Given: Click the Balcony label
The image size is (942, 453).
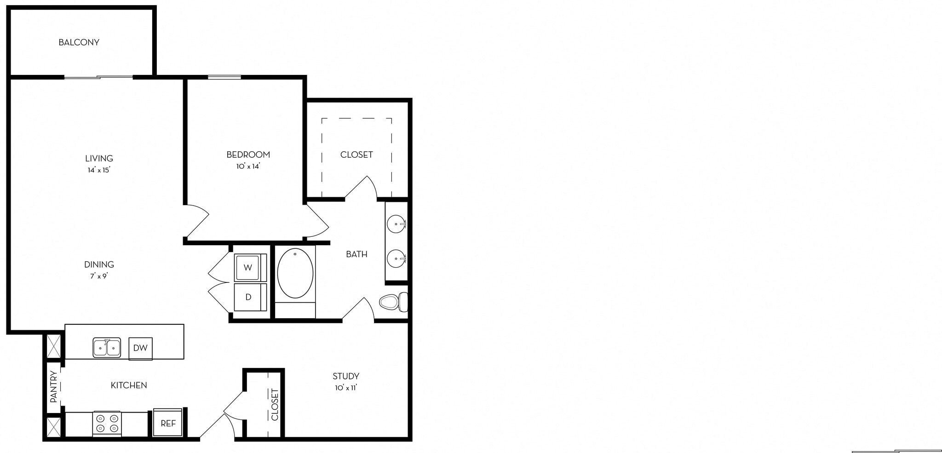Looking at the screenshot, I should (x=79, y=42).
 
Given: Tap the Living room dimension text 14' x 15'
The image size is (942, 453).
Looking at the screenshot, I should (x=99, y=170).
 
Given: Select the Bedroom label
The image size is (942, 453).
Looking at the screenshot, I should (x=248, y=155).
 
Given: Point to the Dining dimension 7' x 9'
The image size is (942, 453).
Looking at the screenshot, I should (x=99, y=276).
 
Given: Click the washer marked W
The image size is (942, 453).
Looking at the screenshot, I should (x=248, y=268).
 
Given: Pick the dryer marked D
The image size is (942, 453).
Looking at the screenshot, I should (x=248, y=297).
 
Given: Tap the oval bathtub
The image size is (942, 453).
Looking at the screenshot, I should (x=295, y=273).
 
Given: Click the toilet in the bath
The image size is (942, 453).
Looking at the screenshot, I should (x=392, y=302).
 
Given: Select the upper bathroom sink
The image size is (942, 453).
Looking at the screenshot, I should (x=396, y=225).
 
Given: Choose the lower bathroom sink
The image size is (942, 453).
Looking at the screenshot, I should (x=396, y=258).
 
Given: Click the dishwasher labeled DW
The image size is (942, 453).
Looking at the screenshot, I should (x=140, y=348).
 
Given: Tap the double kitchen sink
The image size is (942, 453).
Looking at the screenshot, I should (x=107, y=348).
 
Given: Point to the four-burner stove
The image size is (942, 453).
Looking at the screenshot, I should (x=107, y=424).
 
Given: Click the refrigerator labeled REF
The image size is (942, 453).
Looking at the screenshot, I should (x=168, y=424).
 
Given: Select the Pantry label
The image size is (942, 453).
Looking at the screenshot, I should (x=54, y=387).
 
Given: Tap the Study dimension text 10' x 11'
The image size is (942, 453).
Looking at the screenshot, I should (x=346, y=388).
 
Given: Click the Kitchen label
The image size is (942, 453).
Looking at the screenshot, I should (x=129, y=385).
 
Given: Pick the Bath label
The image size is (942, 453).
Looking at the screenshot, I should (x=356, y=254).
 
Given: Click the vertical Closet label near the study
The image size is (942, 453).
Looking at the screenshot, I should (x=275, y=405).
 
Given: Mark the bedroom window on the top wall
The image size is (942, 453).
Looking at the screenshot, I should (x=224, y=77).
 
